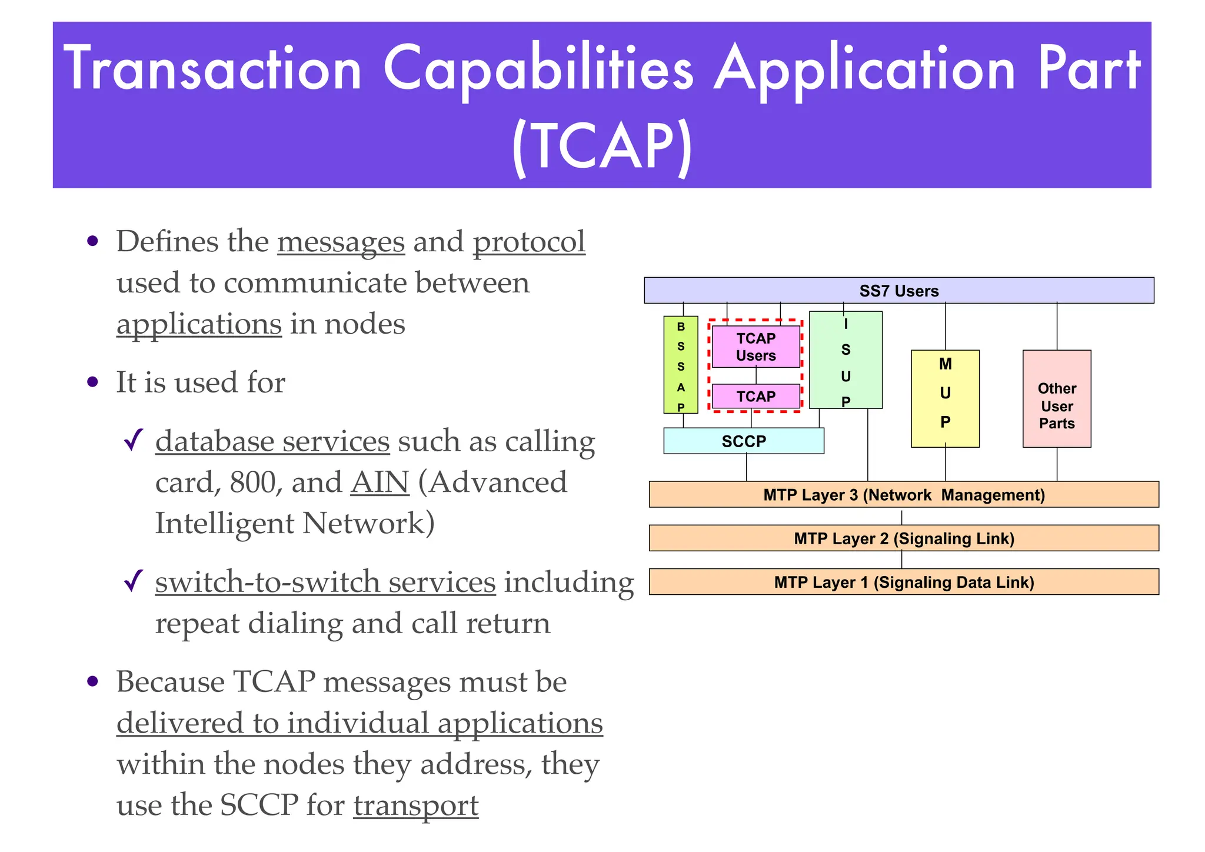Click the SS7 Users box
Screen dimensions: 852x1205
click(x=898, y=291)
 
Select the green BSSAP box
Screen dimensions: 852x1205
click(x=681, y=365)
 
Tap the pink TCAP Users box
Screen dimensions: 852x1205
click(x=756, y=347)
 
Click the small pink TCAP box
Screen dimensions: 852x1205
click(x=756, y=397)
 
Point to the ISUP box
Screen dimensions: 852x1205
click(x=846, y=360)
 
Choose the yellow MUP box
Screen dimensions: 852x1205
click(x=945, y=398)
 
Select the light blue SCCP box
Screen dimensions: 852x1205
click(x=744, y=441)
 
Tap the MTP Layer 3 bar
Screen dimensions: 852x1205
click(x=904, y=495)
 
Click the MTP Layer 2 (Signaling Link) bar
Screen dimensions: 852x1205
click(x=904, y=538)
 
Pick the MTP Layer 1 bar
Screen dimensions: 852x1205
click(x=904, y=582)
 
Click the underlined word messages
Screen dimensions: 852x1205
click(x=341, y=242)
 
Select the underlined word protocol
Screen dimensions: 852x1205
click(x=529, y=242)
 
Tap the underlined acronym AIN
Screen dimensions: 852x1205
click(x=380, y=482)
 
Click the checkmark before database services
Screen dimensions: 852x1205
click(x=134, y=440)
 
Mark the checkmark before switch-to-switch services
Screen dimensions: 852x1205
click(x=134, y=581)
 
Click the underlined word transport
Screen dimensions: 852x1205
click(x=416, y=805)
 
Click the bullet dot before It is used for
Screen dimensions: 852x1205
click(x=92, y=382)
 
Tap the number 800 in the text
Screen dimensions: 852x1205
click(x=252, y=482)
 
